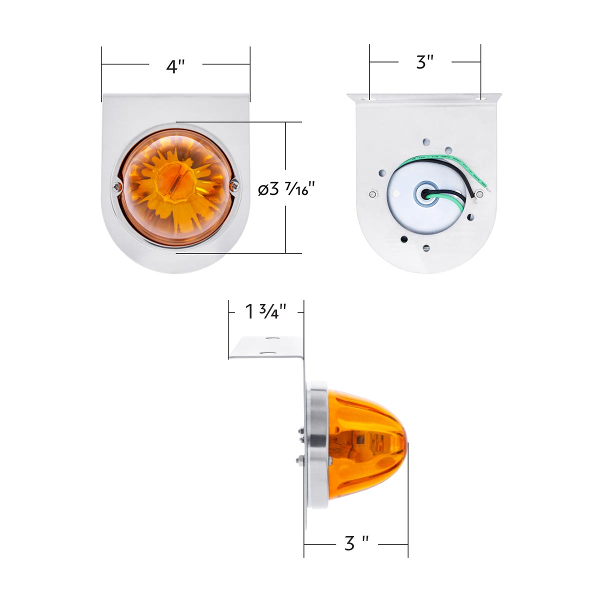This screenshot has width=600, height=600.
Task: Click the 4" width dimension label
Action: pyautogui.click(x=175, y=65)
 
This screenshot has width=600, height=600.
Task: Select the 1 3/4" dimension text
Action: pyautogui.click(x=265, y=312)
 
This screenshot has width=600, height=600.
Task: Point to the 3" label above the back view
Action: pyautogui.click(x=424, y=62)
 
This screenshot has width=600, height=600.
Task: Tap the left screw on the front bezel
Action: pyautogui.click(x=117, y=187)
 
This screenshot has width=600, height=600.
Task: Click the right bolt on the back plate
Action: pyautogui.click(x=480, y=193)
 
